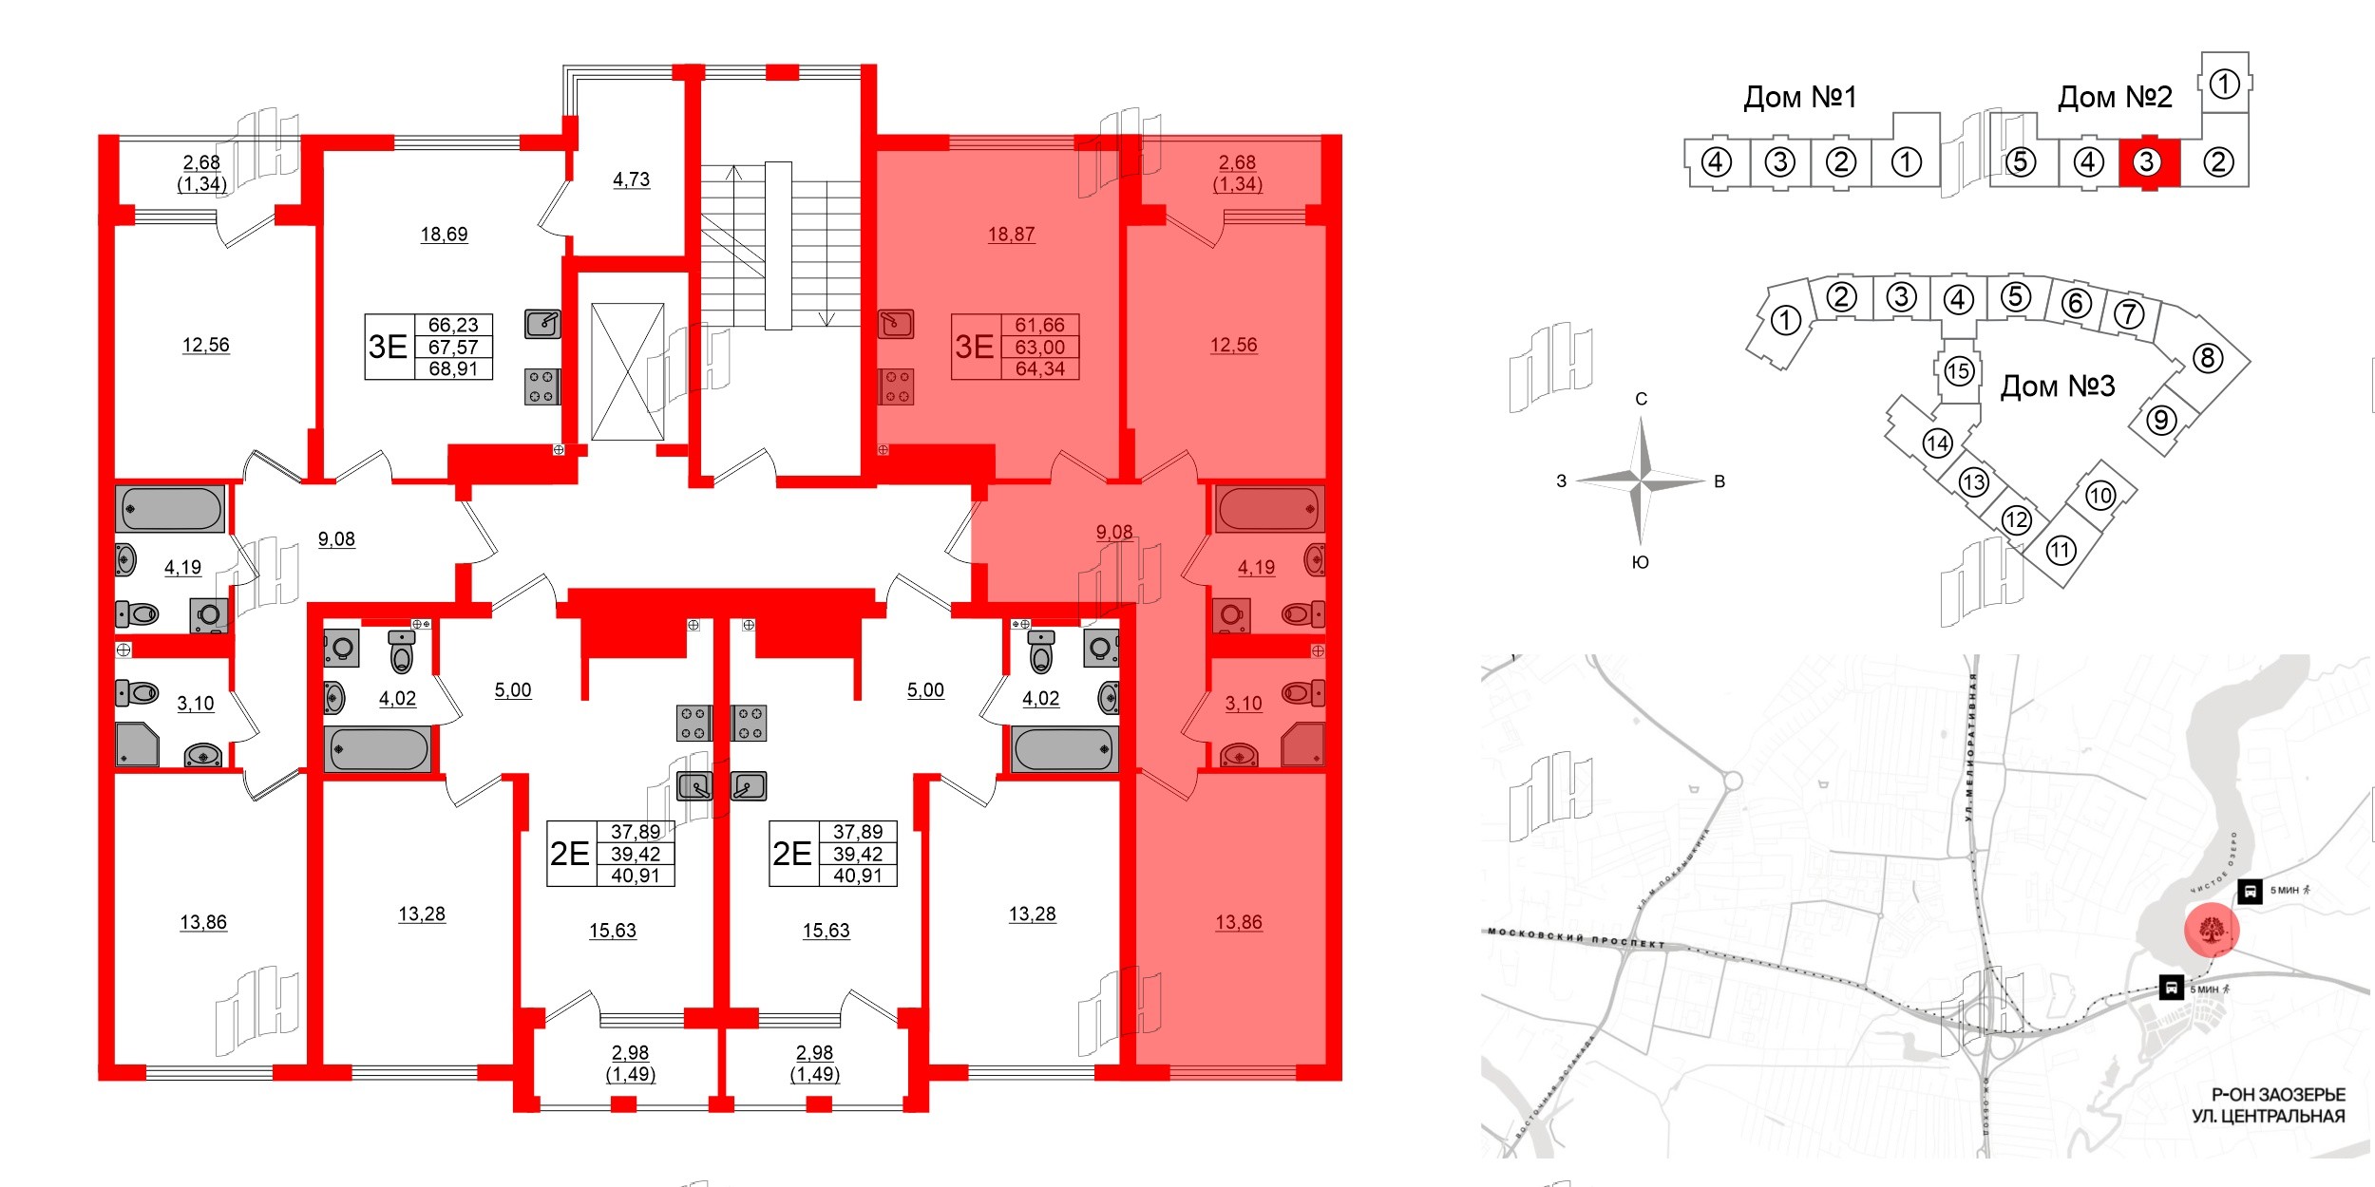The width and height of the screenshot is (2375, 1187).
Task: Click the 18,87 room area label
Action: (x=1011, y=234)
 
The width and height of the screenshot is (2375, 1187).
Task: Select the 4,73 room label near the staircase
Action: (x=631, y=179)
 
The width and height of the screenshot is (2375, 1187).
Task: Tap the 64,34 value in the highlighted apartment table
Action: (x=1040, y=368)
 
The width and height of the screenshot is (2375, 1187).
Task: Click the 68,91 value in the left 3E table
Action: (x=453, y=368)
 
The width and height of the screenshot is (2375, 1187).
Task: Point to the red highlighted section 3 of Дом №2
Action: (x=2146, y=162)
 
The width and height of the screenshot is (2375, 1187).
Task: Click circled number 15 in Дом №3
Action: (x=1958, y=370)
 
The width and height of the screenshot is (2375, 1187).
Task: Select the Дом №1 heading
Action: (x=1799, y=97)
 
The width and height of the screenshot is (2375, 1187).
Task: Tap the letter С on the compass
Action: (x=1641, y=399)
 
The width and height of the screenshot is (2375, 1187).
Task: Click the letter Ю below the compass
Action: (x=1640, y=562)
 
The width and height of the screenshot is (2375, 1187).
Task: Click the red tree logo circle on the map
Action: (x=2212, y=930)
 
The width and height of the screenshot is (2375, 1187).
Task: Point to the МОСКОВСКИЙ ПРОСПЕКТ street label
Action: (x=1577, y=938)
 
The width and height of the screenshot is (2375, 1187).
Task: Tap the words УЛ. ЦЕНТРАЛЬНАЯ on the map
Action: (x=2268, y=1116)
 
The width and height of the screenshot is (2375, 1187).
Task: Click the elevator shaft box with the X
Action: (x=627, y=371)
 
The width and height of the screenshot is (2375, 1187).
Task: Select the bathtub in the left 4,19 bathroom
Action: (x=171, y=509)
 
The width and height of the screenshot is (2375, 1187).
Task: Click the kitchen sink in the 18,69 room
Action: (x=542, y=324)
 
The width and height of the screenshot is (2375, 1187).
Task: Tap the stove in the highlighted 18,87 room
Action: (x=896, y=386)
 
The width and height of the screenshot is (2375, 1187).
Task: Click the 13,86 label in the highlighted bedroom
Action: (x=1239, y=921)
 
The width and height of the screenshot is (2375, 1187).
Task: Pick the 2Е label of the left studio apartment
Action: (x=570, y=854)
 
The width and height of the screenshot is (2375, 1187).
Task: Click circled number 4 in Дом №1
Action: (x=1716, y=162)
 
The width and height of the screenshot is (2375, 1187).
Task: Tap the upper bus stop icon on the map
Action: (x=2250, y=891)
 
